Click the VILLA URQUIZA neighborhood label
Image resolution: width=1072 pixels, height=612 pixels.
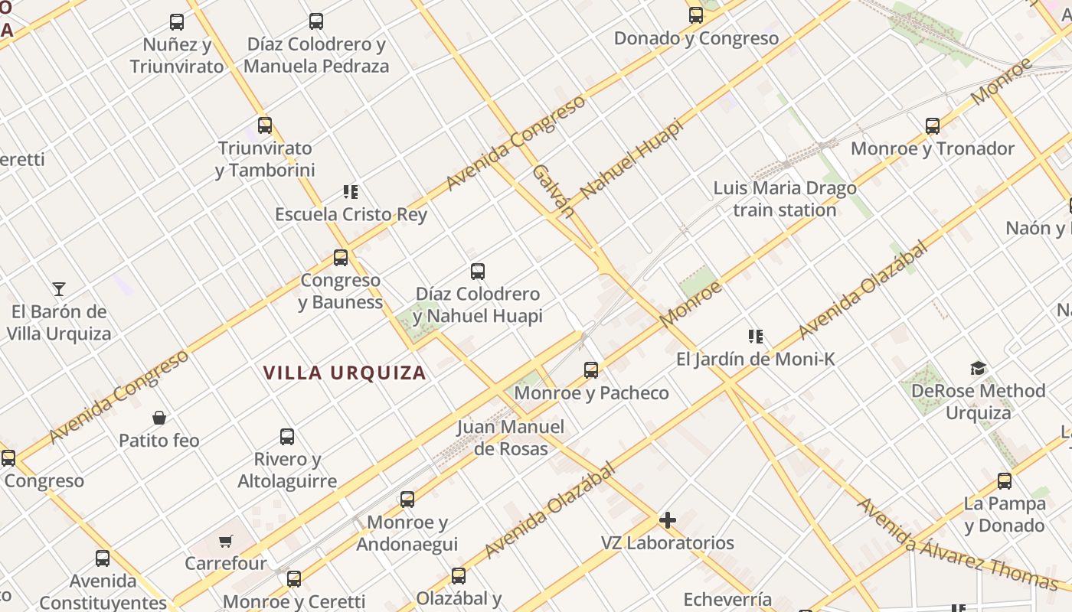tap(345, 373)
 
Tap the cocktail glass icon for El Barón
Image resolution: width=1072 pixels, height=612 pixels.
tap(59, 288)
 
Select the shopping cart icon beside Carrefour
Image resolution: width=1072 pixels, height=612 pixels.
tap(225, 542)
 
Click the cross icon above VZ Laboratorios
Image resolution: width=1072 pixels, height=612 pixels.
tap(668, 521)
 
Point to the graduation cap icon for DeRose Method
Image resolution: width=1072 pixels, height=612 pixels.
tap(978, 369)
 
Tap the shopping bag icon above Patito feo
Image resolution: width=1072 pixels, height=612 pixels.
tap(159, 418)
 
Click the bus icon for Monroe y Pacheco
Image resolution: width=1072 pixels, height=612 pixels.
tap(591, 370)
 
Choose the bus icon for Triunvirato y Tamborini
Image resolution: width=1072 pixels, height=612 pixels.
tap(265, 125)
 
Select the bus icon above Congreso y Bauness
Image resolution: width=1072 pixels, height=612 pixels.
tap(341, 258)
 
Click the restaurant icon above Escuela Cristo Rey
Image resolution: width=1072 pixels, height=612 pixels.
tap(351, 192)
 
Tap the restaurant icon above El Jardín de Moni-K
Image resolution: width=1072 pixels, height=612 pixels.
tap(756, 336)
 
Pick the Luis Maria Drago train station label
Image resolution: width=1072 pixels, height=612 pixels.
tap(785, 199)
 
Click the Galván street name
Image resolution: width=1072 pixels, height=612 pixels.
tap(553, 190)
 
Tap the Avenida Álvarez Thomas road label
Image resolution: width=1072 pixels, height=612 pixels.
tap(957, 544)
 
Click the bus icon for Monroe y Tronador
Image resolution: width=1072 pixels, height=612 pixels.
tap(933, 126)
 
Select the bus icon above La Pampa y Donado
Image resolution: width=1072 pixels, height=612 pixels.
tap(1005, 481)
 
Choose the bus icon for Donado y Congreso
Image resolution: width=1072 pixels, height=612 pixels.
tap(696, 15)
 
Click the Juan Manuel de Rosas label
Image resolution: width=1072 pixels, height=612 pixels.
tap(511, 438)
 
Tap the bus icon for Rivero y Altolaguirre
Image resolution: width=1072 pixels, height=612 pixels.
tap(287, 437)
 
